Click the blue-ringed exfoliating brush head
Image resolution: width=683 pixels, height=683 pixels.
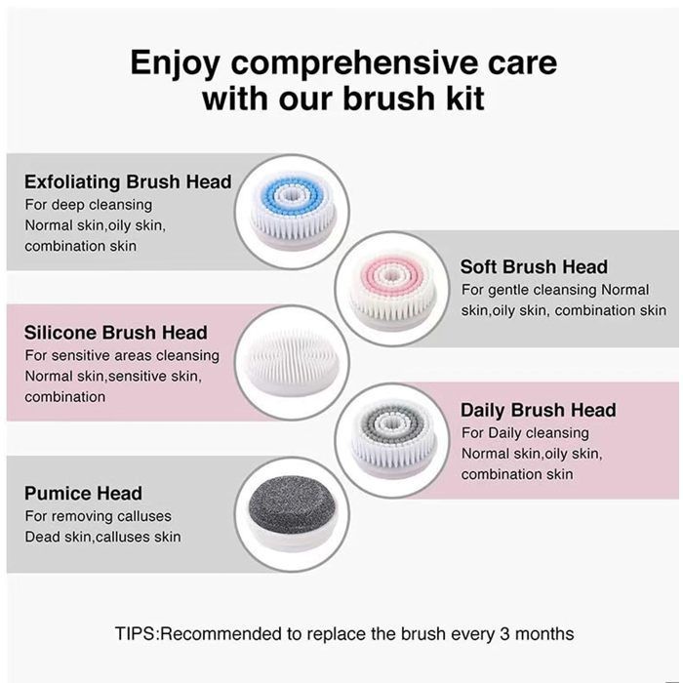293,213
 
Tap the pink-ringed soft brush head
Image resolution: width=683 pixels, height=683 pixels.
392,290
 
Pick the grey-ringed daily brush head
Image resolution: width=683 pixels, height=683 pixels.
392,441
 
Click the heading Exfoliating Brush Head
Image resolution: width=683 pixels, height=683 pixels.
128,182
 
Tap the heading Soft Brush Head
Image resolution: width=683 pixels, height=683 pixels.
534,267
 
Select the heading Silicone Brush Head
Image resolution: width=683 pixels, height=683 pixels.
116,333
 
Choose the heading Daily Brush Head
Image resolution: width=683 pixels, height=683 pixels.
539,411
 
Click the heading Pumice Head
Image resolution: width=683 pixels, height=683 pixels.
83,494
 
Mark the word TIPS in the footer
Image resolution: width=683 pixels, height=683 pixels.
135,634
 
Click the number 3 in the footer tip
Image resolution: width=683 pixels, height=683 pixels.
504,634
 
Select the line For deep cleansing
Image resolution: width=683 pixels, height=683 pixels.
89,205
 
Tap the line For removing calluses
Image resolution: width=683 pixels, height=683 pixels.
98,516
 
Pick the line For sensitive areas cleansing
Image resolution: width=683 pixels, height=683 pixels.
122,355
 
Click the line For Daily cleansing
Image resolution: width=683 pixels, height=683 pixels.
525,433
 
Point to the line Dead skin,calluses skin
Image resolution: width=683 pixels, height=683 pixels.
102,537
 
